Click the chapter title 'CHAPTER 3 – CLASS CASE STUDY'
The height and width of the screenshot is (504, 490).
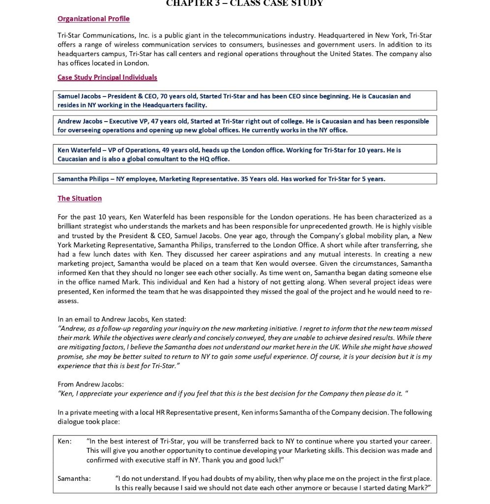pos(244,3)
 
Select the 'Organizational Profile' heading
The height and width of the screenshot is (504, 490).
pos(93,19)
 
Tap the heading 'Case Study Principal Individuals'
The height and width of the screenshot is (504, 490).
pos(107,77)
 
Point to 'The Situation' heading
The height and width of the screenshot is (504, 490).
pos(80,198)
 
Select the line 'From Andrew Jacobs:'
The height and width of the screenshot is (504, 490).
pos(90,384)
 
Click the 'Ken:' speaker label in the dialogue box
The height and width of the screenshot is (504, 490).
pos(64,441)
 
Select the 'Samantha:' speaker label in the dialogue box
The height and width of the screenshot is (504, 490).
pos(74,478)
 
